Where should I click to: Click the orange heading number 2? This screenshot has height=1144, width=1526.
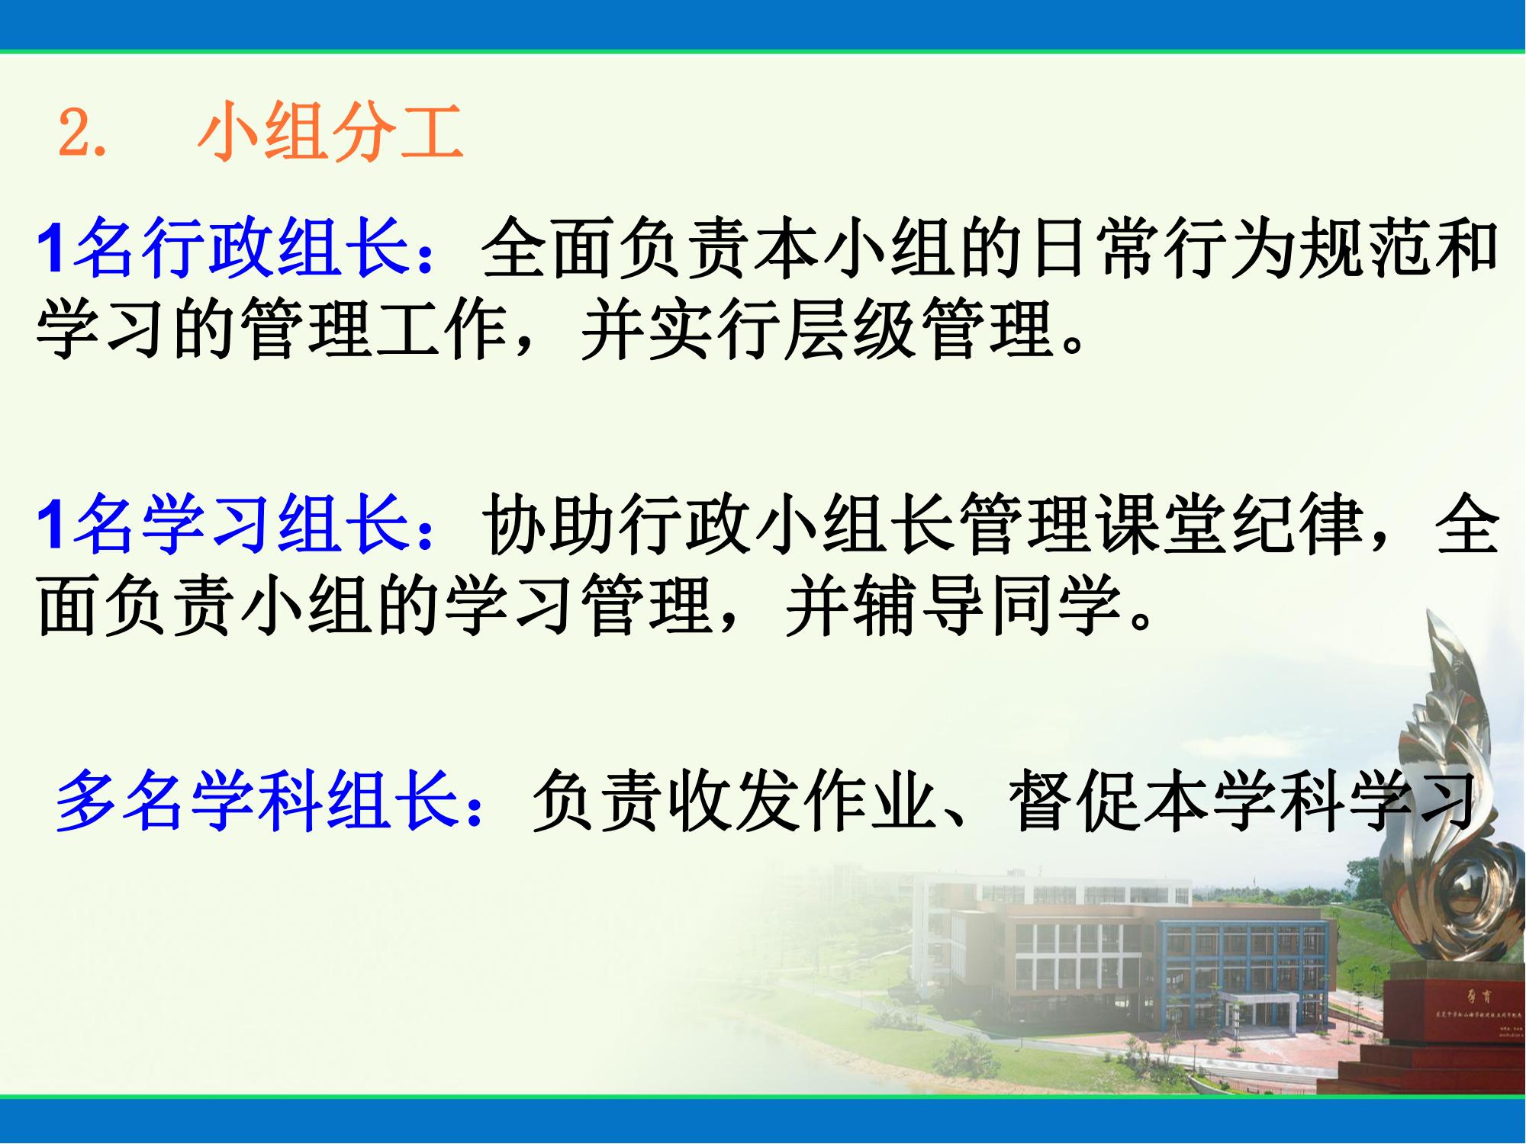point(80,133)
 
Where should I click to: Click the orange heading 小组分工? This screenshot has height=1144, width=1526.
point(330,133)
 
